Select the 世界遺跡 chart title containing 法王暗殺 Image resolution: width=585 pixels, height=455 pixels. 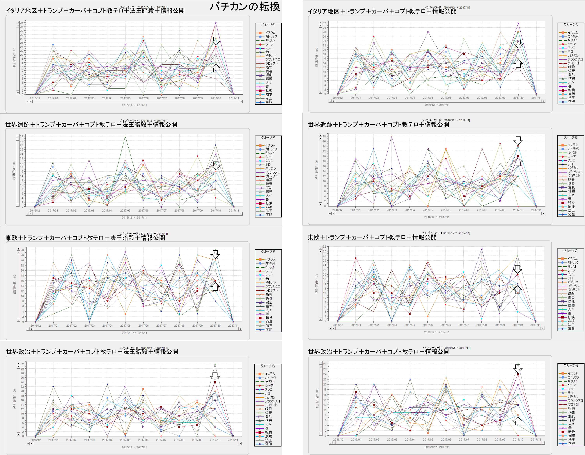pyautogui.click(x=91, y=125)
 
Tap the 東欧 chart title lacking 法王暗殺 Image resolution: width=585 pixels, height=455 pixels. pyautogui.click(x=372, y=237)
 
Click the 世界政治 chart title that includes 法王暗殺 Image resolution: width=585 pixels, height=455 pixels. pyautogui.click(x=92, y=352)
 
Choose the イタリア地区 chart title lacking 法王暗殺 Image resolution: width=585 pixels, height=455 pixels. pyautogui.click(x=382, y=11)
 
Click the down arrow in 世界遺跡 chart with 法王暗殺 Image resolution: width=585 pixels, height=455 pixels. pyautogui.click(x=216, y=165)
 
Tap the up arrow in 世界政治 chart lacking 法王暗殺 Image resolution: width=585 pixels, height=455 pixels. pyautogui.click(x=518, y=421)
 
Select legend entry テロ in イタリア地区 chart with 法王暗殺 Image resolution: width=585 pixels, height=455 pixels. pyautogui.click(x=268, y=52)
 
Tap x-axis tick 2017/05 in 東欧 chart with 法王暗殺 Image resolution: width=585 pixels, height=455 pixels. pyautogui.click(x=125, y=326)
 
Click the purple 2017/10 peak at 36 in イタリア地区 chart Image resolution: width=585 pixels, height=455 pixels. pyautogui.click(x=216, y=23)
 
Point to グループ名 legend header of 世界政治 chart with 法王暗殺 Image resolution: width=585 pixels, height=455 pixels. pyautogui.click(x=268, y=366)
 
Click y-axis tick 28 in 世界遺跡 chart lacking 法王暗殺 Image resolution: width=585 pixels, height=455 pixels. pyautogui.click(x=324, y=137)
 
